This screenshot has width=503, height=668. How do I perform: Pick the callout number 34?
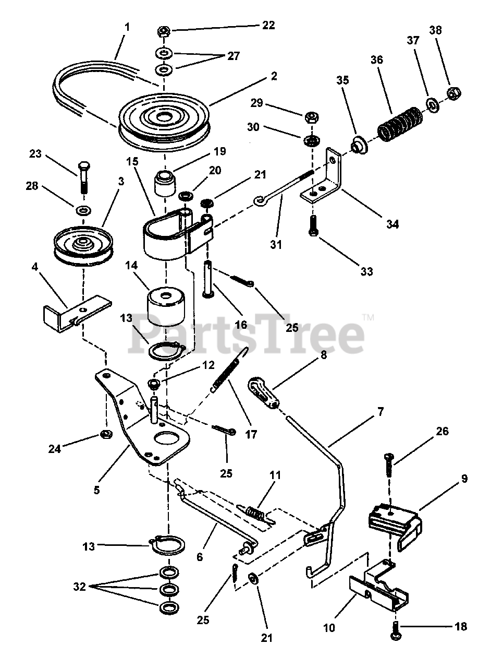tap(392, 224)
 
